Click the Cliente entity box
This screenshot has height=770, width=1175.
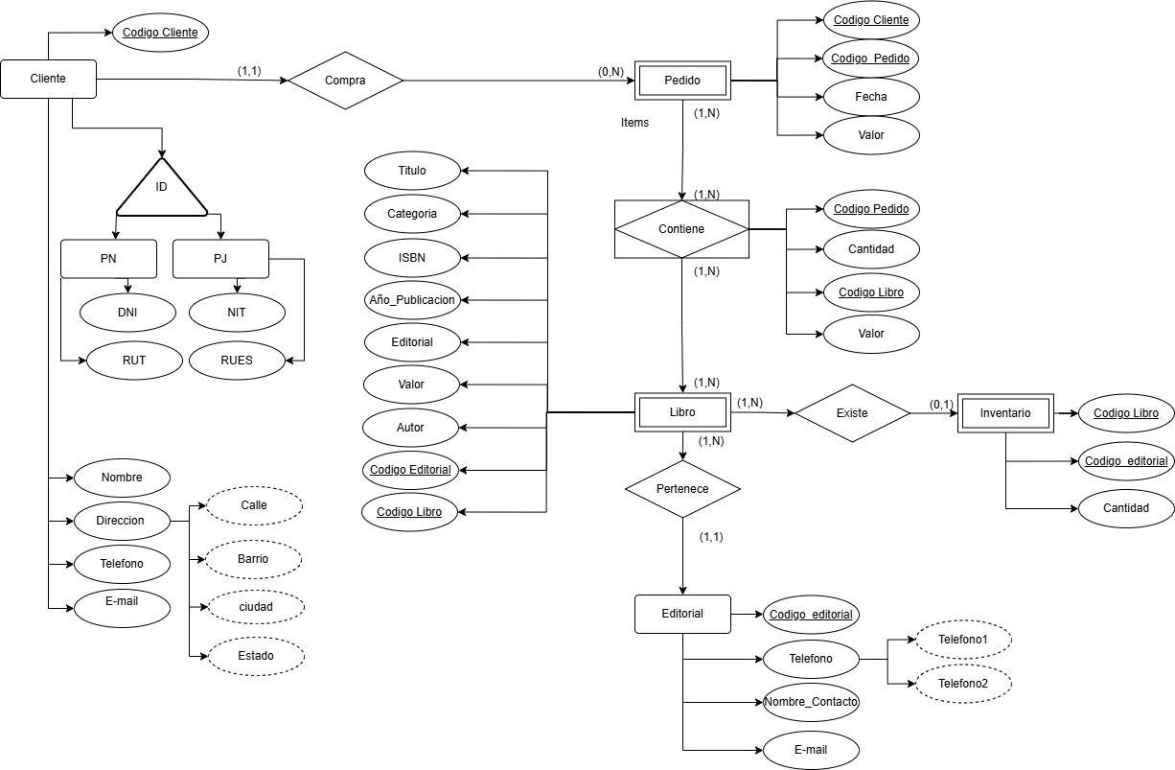tap(48, 79)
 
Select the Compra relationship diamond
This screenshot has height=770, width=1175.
tap(345, 81)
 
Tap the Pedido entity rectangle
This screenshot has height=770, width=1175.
tap(682, 81)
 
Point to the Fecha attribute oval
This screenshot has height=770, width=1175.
tap(870, 96)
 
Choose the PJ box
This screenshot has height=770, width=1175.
tap(220, 259)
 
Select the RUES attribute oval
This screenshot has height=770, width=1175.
tap(237, 362)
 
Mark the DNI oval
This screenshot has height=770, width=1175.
tap(127, 312)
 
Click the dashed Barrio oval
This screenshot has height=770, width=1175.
tap(254, 558)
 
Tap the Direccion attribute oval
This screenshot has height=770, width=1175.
tap(121, 521)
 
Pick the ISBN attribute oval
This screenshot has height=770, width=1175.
tap(412, 257)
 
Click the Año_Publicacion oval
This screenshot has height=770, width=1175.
tap(412, 299)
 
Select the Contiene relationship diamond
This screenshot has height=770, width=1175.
tap(681, 229)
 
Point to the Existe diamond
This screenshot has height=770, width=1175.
tap(852, 413)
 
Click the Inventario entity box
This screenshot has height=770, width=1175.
tap(1005, 413)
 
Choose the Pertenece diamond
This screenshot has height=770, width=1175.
tap(682, 489)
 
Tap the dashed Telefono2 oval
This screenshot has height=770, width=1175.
tap(963, 684)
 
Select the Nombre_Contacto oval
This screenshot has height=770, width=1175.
tap(811, 702)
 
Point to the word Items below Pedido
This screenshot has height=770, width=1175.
tap(634, 123)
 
